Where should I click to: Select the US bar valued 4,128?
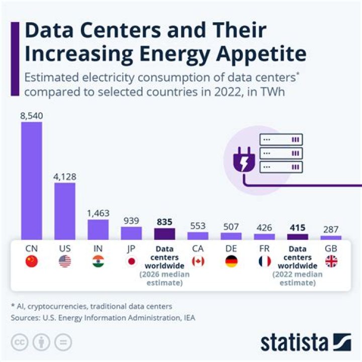click(65, 211)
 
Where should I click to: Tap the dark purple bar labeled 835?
click(164, 234)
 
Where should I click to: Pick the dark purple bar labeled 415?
click(297, 236)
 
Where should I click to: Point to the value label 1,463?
click(98, 213)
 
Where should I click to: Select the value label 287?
click(331, 229)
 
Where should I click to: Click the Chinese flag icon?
click(32, 261)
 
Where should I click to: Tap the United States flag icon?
click(65, 261)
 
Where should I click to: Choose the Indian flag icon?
click(98, 261)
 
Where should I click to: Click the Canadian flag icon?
click(198, 261)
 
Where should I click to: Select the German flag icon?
click(231, 261)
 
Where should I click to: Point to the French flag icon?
click(264, 261)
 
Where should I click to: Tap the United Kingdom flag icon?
click(331, 261)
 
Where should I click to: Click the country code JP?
click(131, 248)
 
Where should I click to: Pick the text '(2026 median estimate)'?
click(164, 279)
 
